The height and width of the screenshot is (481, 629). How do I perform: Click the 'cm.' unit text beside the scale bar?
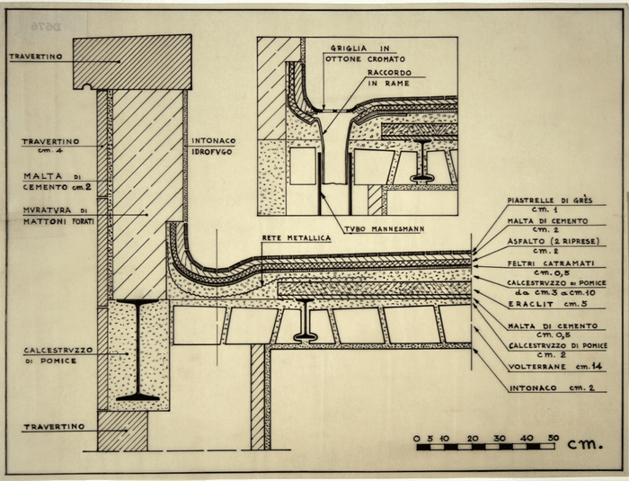point(589,441)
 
